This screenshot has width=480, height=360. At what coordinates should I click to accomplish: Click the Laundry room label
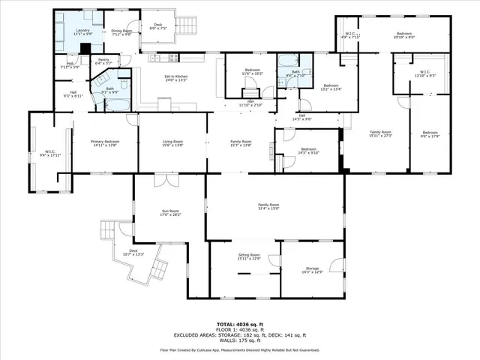pyautogui.click(x=71, y=32)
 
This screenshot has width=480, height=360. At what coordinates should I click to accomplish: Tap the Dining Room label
pyautogui.click(x=116, y=32)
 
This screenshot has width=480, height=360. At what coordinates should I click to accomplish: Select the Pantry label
pyautogui.click(x=103, y=61)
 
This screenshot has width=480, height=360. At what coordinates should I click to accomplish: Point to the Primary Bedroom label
pyautogui.click(x=105, y=142)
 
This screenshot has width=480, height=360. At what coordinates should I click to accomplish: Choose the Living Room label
pyautogui.click(x=172, y=142)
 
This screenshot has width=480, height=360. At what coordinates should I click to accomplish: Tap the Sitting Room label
pyautogui.click(x=248, y=256)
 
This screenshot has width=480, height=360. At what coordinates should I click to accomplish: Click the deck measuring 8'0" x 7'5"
pyautogui.click(x=157, y=25)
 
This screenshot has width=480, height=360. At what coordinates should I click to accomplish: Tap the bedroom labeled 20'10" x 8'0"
pyautogui.click(x=403, y=35)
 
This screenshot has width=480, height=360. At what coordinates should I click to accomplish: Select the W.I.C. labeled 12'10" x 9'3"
pyautogui.click(x=424, y=73)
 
